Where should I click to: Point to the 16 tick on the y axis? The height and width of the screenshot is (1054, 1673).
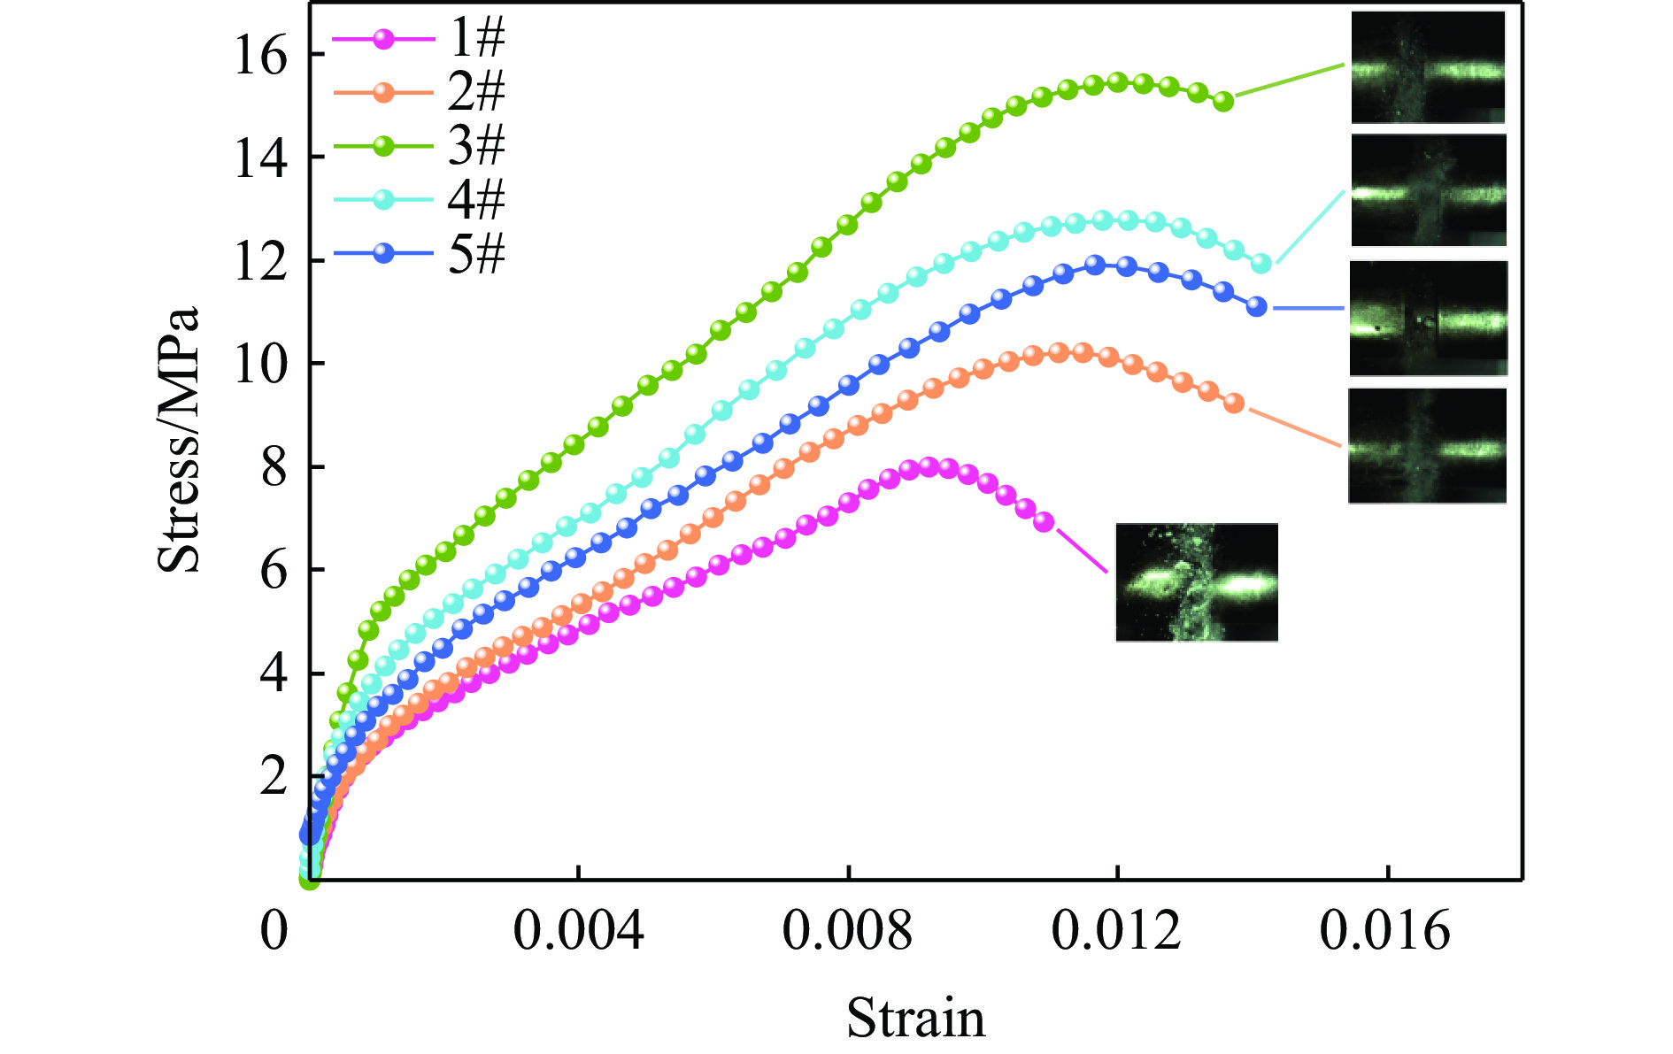tap(260, 57)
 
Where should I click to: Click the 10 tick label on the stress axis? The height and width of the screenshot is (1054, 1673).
tap(260, 364)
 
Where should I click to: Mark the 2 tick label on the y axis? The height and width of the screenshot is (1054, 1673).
tap(274, 777)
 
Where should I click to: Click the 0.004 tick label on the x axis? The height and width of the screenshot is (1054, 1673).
tap(578, 932)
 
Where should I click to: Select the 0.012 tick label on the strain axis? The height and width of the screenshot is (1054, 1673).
tap(1116, 932)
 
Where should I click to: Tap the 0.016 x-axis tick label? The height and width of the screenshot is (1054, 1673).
tap(1385, 932)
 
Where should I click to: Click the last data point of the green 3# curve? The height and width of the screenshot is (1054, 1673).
tap(1223, 101)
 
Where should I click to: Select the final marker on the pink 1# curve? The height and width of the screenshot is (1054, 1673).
tap(1045, 521)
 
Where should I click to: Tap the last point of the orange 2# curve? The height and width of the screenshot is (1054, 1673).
tap(1235, 404)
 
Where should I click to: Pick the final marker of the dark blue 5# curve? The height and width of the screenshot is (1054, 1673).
tap(1256, 306)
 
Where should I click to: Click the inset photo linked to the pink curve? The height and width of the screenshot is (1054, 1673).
tap(1197, 581)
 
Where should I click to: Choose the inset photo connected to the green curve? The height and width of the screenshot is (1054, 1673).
tap(1428, 67)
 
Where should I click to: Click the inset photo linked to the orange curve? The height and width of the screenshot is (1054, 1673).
tap(1427, 446)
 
